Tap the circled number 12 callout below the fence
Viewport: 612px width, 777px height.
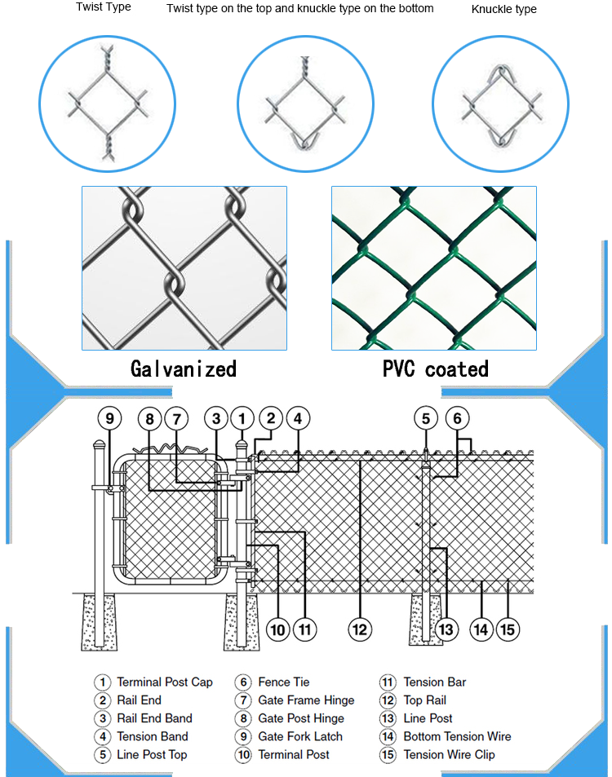coord(360,629)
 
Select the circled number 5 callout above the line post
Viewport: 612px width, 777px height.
coord(425,419)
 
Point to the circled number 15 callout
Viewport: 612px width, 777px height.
coord(508,629)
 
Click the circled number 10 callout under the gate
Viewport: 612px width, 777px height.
coord(278,629)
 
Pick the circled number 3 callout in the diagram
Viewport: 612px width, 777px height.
coord(215,419)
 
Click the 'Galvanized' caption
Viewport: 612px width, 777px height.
coord(184,369)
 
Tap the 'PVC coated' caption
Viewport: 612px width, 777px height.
coord(436,369)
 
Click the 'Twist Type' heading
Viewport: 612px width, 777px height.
coord(104,7)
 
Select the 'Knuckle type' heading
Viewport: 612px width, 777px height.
coord(504,9)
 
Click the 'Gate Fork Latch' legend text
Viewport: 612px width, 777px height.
coord(300,736)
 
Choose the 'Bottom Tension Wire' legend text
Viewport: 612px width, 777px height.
coord(457,736)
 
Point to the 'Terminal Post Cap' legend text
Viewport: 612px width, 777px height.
coord(165,682)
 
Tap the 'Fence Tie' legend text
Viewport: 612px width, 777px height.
coord(284,682)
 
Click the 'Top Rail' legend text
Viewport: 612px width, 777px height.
coord(425,700)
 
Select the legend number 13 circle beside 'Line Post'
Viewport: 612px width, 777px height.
coord(388,718)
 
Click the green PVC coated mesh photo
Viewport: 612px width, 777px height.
coord(434,268)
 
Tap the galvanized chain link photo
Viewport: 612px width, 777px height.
coord(184,268)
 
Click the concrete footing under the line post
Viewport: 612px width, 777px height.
coord(426,620)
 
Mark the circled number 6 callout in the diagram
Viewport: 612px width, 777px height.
coord(457,419)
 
